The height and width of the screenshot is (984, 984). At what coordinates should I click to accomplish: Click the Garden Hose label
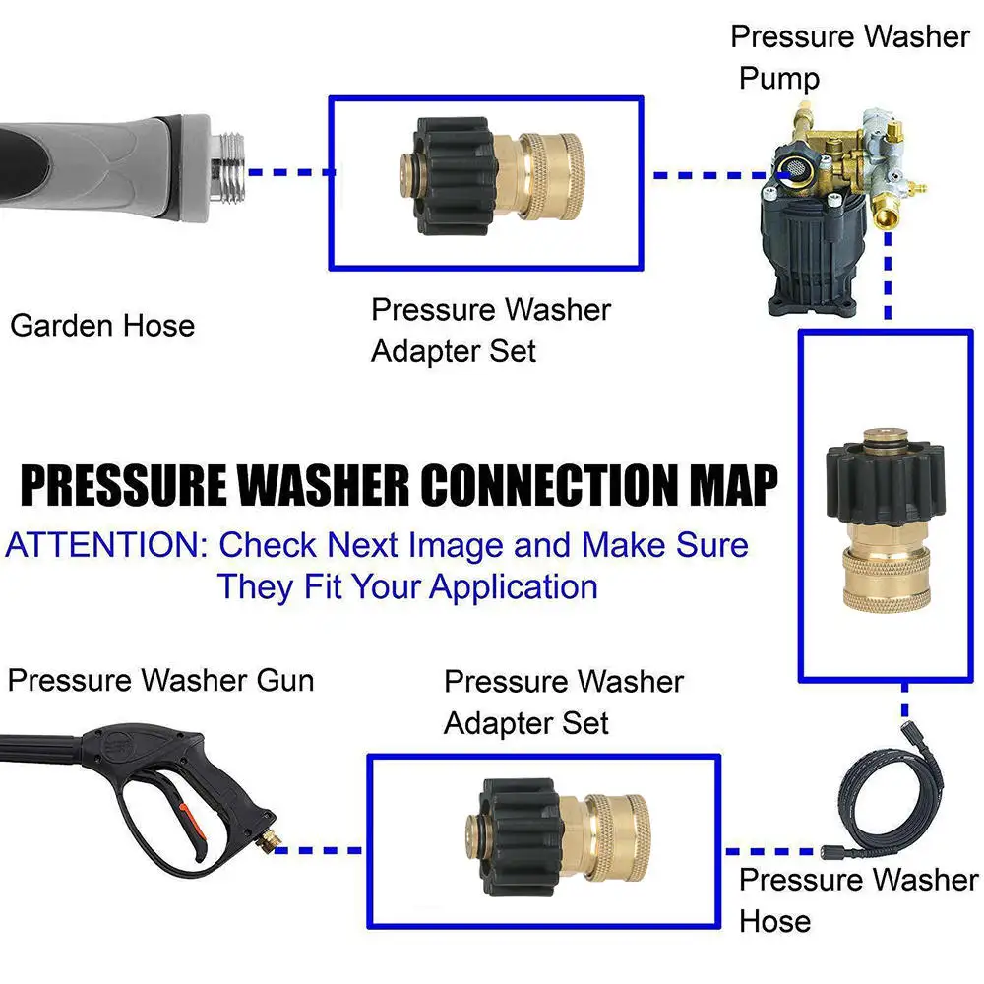102,326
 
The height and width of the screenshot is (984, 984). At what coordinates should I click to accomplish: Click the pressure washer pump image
840,211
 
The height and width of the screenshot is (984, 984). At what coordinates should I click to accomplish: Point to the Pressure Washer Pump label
850,56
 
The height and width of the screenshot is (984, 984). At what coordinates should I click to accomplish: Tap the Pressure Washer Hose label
858,899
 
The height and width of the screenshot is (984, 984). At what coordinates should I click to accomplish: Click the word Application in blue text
514,587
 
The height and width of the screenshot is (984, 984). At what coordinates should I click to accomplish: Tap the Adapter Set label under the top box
454,350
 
